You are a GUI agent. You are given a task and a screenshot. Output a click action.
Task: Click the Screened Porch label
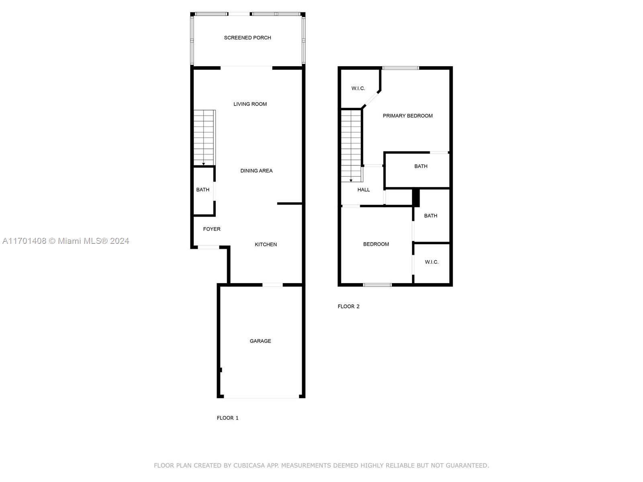247,38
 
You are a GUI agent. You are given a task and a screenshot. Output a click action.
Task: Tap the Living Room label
250,104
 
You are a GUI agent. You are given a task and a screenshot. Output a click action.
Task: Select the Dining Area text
256,171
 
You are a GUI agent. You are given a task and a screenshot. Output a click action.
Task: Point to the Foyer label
211,229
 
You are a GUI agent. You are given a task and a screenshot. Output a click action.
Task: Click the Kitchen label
266,244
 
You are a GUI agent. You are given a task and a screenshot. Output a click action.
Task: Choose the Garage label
260,341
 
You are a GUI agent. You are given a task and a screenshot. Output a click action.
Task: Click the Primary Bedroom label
408,116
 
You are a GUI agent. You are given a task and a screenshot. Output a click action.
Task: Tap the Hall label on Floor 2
363,190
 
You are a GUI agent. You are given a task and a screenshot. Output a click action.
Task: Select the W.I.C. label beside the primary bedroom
358,88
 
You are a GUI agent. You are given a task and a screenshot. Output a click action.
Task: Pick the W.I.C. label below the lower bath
432,262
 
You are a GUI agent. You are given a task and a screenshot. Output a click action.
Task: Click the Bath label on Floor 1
203,190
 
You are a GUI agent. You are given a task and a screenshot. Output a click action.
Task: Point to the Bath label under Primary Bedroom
421,166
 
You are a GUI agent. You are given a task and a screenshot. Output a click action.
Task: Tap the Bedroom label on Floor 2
376,244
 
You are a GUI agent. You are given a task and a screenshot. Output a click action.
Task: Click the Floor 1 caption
227,418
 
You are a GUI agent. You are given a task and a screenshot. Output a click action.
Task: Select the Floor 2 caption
348,306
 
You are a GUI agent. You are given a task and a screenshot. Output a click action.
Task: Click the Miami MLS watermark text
66,241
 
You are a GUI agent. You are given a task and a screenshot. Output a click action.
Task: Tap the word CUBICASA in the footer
249,465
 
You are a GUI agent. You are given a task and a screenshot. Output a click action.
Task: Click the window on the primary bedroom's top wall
400,68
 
